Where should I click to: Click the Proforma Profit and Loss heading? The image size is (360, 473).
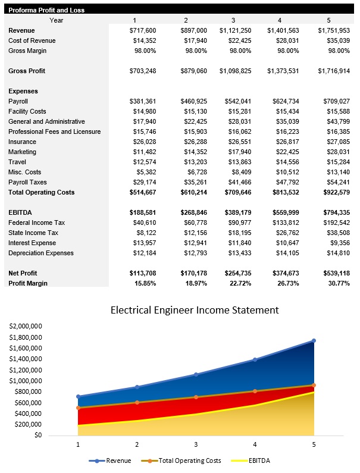(46, 10)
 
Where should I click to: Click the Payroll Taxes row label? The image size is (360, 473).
(27, 182)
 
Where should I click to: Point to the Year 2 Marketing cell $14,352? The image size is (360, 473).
(194, 152)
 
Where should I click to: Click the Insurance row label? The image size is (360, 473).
(23, 142)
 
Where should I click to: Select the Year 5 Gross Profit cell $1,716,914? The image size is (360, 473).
(333, 71)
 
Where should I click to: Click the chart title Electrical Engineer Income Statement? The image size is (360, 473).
(195, 310)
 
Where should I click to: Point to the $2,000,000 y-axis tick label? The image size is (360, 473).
(25, 327)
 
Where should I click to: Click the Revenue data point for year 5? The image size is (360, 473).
(314, 340)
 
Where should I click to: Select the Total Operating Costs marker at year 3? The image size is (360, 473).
(196, 397)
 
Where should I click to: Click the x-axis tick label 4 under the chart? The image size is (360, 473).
(255, 444)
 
